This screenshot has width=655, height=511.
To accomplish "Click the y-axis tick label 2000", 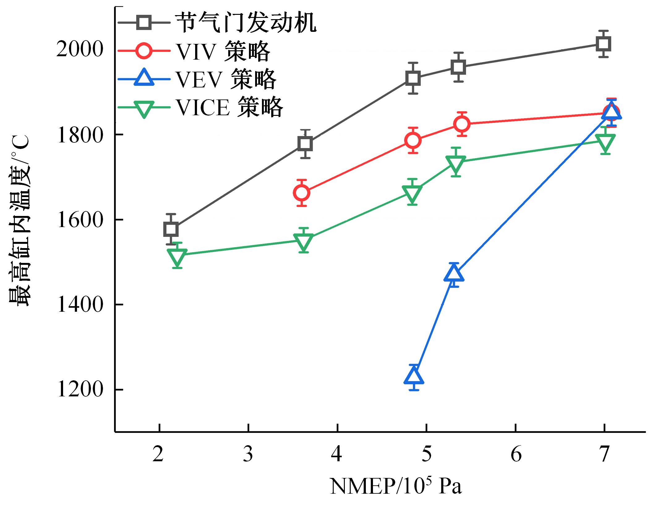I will [x=79, y=49].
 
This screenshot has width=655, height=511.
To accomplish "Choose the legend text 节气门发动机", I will [x=246, y=23].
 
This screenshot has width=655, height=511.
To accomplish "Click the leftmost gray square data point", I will [x=171, y=229].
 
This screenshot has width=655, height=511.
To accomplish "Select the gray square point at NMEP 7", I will [x=603, y=44].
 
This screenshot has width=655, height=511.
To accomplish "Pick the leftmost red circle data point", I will [x=302, y=193].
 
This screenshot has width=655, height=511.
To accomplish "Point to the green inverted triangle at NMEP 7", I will [x=605, y=142].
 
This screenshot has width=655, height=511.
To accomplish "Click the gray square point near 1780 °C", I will [x=305, y=144].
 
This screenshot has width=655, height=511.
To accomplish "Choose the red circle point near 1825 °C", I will [x=462, y=124].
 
